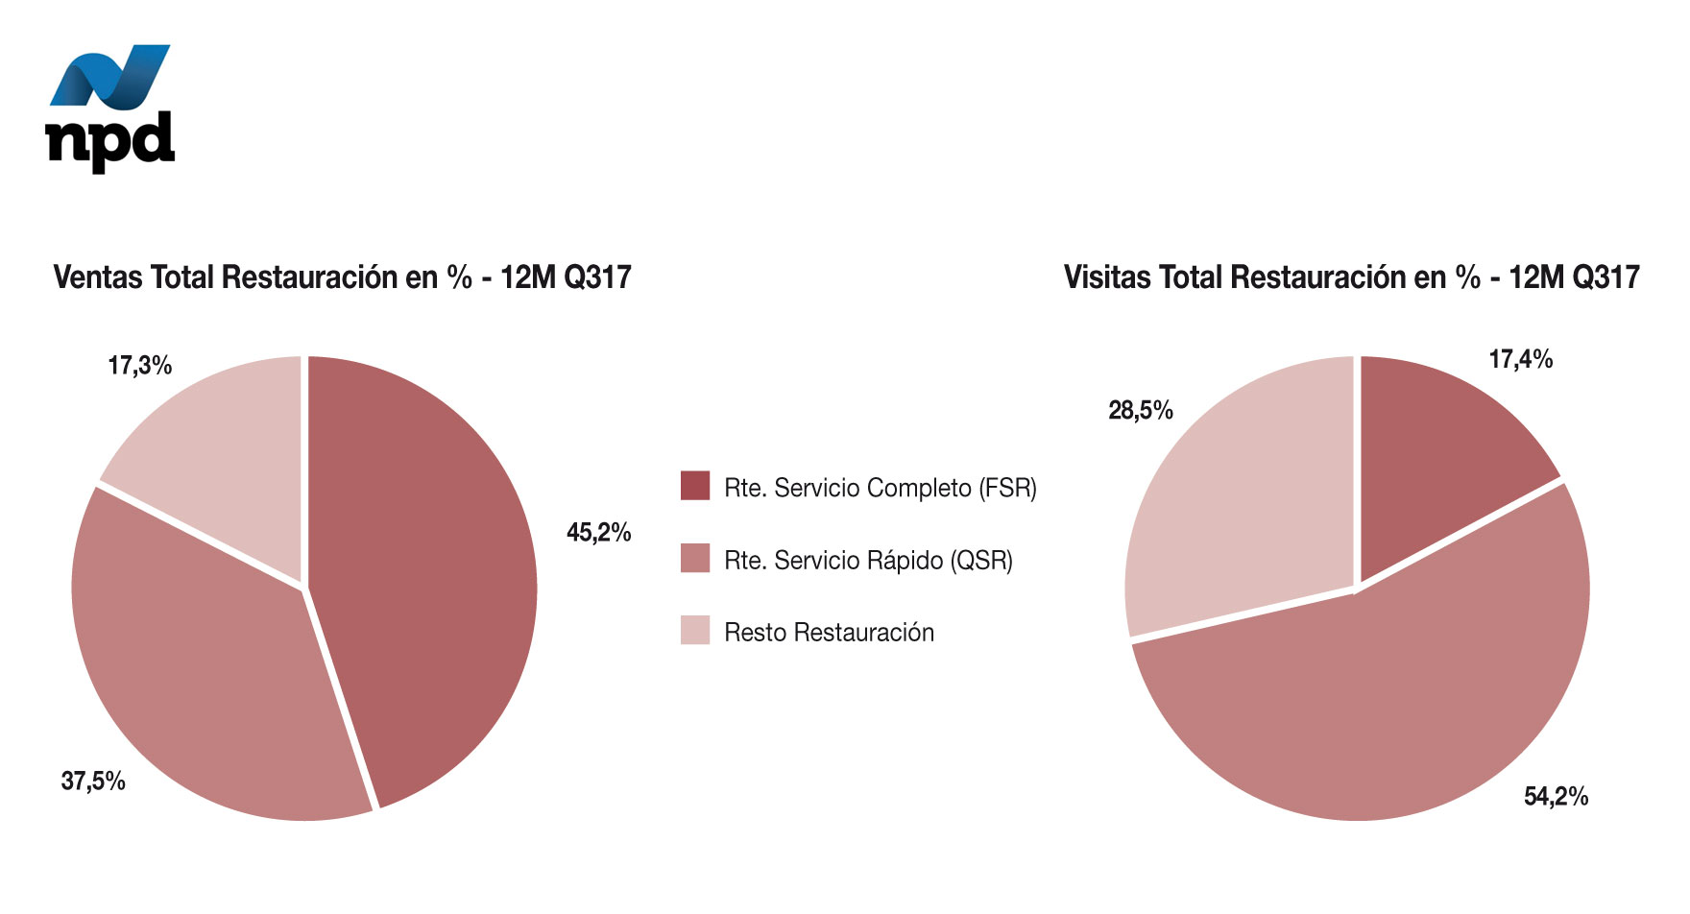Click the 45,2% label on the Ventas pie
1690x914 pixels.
pyautogui.click(x=598, y=532)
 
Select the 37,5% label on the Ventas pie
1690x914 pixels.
pyautogui.click(x=93, y=781)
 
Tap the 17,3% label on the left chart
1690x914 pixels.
pyautogui.click(x=140, y=365)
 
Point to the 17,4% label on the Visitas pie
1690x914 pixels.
pyautogui.click(x=1520, y=359)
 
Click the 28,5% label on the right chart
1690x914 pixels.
pyautogui.click(x=1141, y=410)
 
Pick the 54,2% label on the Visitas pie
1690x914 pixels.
pyautogui.click(x=1556, y=796)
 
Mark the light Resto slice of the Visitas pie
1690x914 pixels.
pyautogui.click(x=1239, y=509)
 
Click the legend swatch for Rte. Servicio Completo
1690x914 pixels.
pyautogui.click(x=694, y=486)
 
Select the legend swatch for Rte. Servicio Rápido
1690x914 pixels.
pyautogui.click(x=694, y=558)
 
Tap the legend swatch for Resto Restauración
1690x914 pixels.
pyautogui.click(x=694, y=630)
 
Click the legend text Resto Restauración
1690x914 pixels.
pyautogui.click(x=829, y=632)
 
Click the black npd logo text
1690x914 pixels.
pyautogui.click(x=109, y=141)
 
